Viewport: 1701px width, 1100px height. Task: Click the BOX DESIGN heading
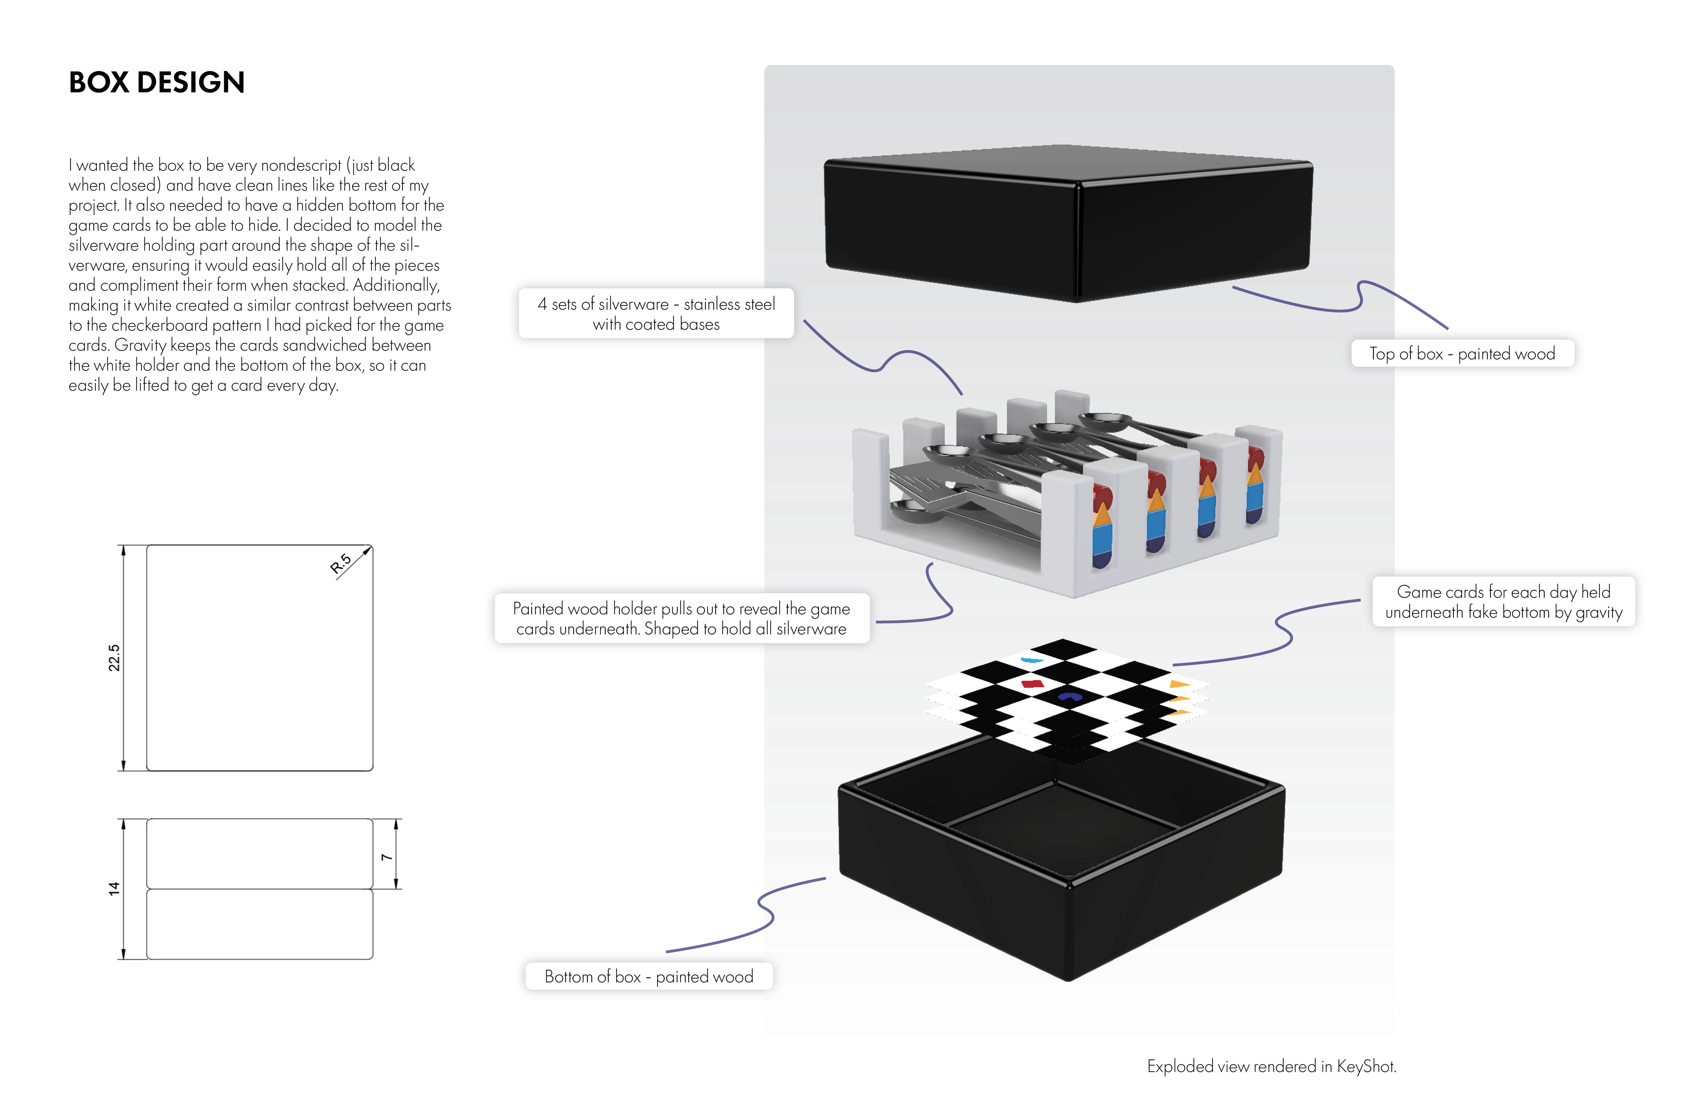click(x=156, y=83)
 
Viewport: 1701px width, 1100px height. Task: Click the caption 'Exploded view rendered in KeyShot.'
click(x=1271, y=1066)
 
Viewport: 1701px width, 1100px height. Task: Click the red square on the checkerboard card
click(x=1033, y=684)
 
